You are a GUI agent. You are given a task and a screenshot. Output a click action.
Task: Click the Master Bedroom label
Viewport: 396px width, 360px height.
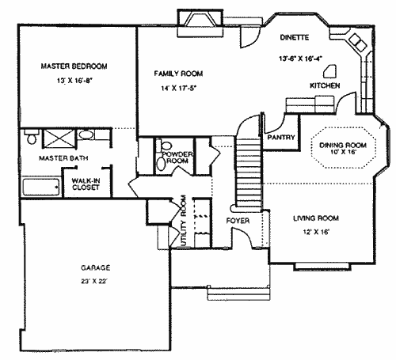(x=74, y=66)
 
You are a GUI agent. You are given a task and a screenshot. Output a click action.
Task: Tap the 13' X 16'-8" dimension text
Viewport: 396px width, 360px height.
(x=74, y=81)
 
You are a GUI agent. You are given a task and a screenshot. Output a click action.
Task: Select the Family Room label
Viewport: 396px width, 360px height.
(x=178, y=74)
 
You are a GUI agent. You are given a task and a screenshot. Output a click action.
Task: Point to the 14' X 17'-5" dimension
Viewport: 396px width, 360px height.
(x=179, y=88)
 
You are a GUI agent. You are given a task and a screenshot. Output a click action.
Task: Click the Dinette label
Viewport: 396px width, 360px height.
(x=295, y=37)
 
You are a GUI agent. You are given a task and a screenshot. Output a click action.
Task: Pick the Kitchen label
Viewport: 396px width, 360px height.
(x=325, y=85)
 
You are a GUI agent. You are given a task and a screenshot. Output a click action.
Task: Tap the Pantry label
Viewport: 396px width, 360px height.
(x=281, y=137)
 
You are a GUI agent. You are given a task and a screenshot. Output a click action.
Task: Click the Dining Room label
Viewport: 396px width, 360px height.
(x=343, y=145)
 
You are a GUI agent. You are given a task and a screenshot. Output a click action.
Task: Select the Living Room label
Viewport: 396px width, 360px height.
(x=316, y=218)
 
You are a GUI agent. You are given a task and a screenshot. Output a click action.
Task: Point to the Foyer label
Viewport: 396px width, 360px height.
(x=238, y=221)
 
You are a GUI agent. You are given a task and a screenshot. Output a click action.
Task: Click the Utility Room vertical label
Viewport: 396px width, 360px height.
(x=184, y=221)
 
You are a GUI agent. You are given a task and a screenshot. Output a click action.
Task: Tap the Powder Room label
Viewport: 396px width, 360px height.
(x=177, y=157)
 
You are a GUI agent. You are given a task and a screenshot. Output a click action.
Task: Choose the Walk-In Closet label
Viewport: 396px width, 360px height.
(x=86, y=184)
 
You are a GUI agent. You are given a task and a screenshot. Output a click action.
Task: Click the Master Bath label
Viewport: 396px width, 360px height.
(x=63, y=158)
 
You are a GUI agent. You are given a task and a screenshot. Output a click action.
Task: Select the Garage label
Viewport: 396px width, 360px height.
(x=96, y=267)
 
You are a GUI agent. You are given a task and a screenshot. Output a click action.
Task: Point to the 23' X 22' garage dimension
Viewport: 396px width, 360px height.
(x=94, y=282)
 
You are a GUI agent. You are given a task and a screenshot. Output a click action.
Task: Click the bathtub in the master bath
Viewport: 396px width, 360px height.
(x=41, y=187)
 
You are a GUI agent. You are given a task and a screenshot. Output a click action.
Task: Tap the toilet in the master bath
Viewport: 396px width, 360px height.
(x=32, y=137)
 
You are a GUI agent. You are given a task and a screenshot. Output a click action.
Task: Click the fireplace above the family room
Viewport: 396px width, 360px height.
(x=200, y=23)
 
